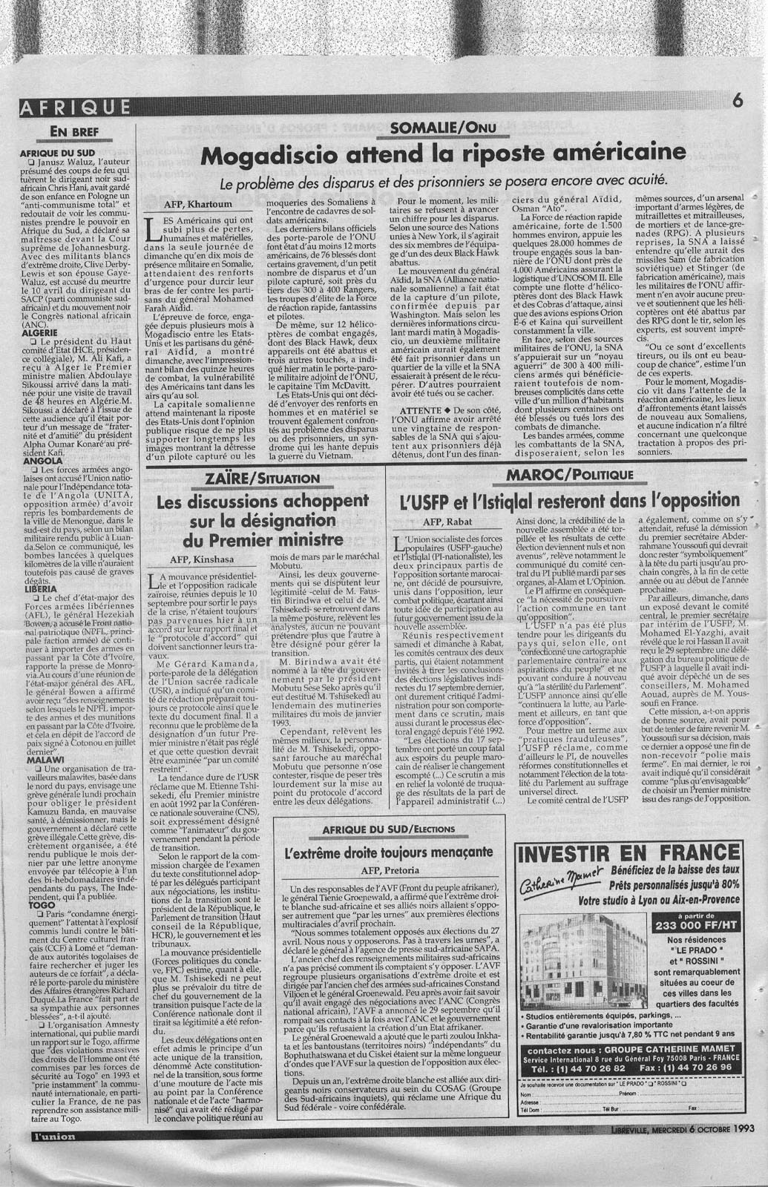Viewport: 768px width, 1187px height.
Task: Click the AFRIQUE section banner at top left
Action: point(76,107)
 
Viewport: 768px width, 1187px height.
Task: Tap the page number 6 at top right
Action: point(737,103)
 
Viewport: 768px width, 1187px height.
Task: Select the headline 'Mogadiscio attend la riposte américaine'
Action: point(444,155)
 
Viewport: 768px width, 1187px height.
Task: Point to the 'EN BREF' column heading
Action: point(73,132)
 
